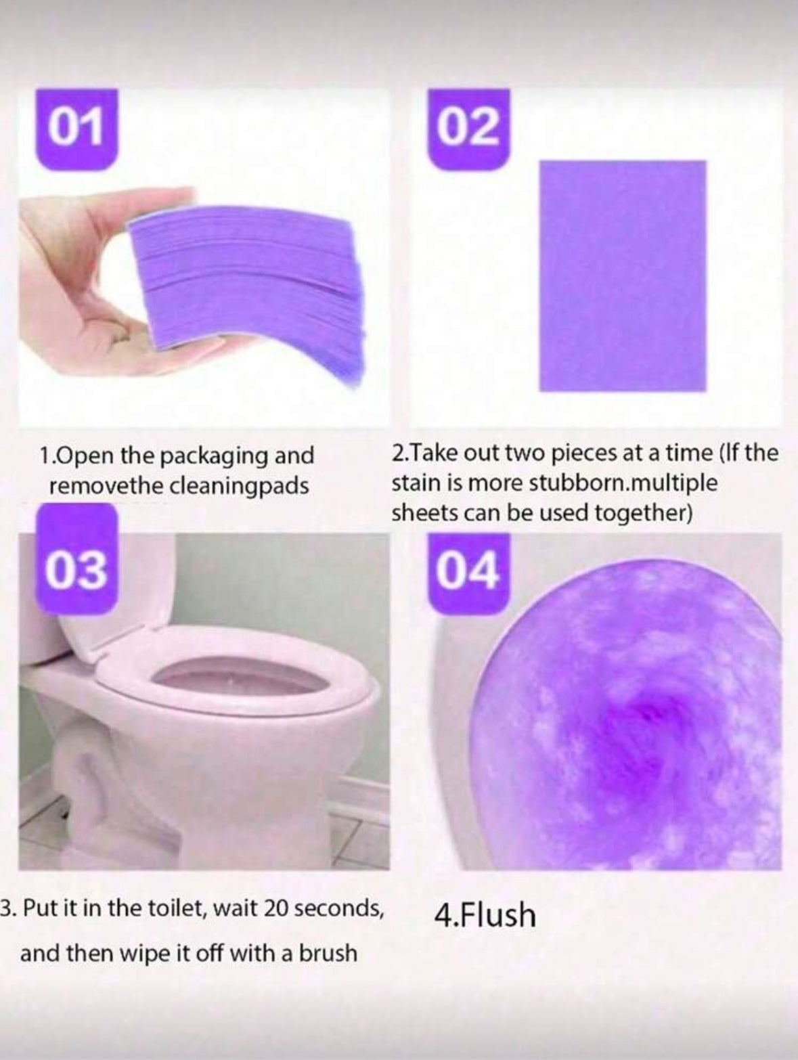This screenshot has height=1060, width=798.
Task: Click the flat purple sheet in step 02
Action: coord(623,275)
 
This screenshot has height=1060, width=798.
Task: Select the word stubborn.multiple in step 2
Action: coord(623,484)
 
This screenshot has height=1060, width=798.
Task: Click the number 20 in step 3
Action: coord(276,910)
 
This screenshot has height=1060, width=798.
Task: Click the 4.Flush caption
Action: coord(485,914)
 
